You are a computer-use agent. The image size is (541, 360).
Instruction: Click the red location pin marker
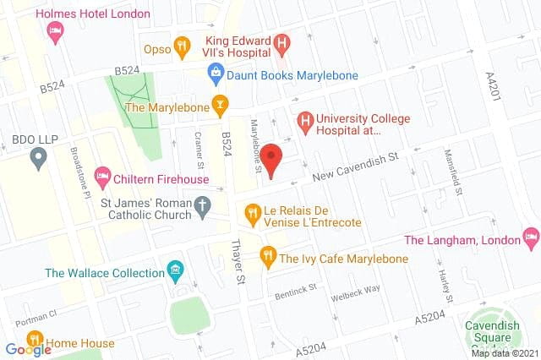(270, 159)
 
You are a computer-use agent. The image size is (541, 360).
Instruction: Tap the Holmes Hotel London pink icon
(55, 32)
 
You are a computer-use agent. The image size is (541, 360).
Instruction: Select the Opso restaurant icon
(180, 47)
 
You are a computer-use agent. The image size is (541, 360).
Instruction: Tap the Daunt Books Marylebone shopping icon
(216, 75)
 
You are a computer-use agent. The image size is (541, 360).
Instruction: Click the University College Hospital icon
(303, 123)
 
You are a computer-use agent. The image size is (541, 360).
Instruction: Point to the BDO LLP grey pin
(37, 156)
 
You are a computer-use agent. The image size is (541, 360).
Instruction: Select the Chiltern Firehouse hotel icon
(102, 178)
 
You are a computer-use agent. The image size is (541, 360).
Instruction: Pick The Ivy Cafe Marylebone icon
(268, 253)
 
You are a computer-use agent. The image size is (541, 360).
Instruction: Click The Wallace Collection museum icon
(176, 273)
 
